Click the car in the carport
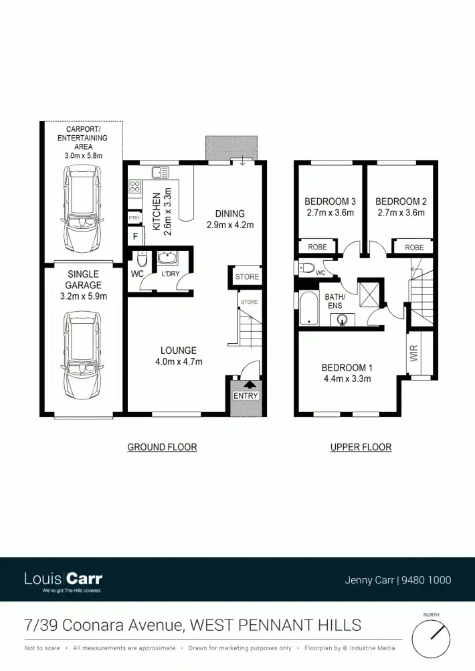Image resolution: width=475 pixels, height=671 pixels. pyautogui.click(x=83, y=206)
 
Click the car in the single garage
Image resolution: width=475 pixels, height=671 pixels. pyautogui.click(x=83, y=356)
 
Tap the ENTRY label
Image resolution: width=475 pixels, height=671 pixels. pyautogui.click(x=246, y=395)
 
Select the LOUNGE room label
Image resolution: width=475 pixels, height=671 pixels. pyautogui.click(x=178, y=350)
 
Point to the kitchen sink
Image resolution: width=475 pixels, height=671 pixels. pyautogui.click(x=160, y=173)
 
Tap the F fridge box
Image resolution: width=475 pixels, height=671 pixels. pyautogui.click(x=135, y=236)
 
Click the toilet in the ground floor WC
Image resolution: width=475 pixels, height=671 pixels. pyautogui.click(x=141, y=260)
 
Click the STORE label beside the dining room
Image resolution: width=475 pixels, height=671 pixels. pyautogui.click(x=246, y=276)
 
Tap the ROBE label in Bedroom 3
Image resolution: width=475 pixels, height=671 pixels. pyautogui.click(x=317, y=247)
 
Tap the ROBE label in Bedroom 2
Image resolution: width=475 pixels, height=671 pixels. pyautogui.click(x=414, y=247)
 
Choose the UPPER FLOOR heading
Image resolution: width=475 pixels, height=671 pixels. pyautogui.click(x=361, y=447)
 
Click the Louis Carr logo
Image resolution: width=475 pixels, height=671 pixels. pyautogui.click(x=63, y=580)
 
